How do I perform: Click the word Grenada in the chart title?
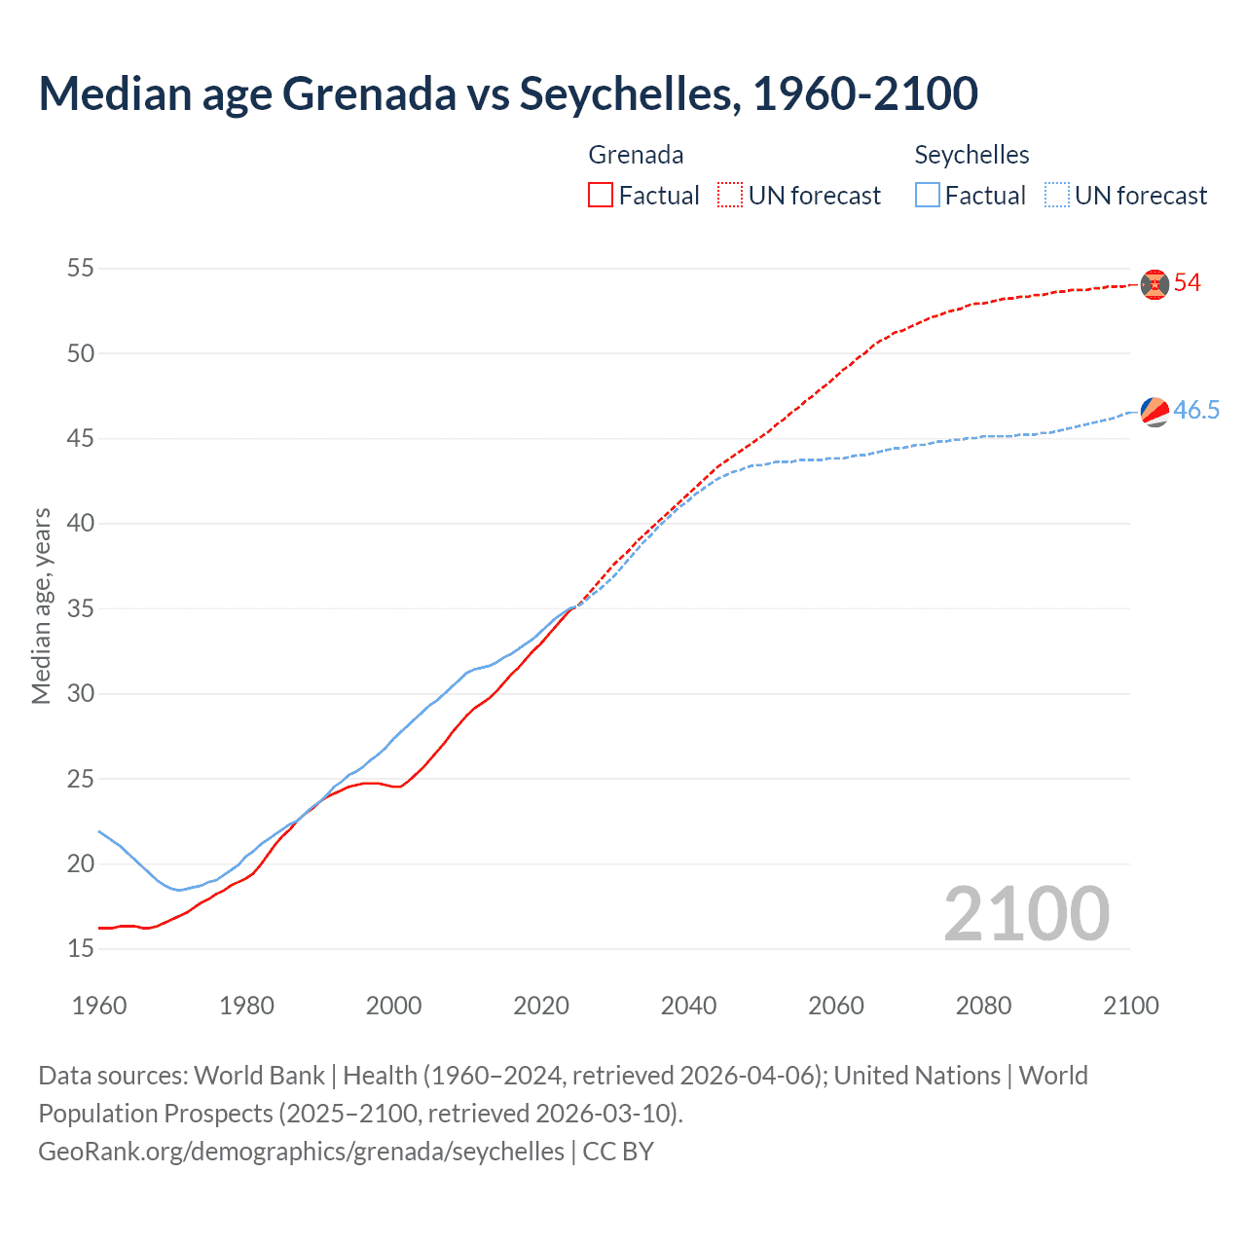pyautogui.click(x=369, y=93)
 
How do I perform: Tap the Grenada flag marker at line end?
pyautogui.click(x=1154, y=283)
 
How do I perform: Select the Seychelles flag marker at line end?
pyautogui.click(x=1154, y=412)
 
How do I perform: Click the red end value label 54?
pyautogui.click(x=1188, y=283)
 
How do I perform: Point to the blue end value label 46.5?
pyautogui.click(x=1196, y=410)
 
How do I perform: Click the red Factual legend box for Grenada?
pyautogui.click(x=601, y=196)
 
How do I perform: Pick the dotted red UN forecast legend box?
pyautogui.click(x=730, y=196)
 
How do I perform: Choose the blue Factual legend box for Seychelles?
pyautogui.click(x=928, y=196)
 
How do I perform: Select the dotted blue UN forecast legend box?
pyautogui.click(x=1057, y=196)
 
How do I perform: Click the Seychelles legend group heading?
pyautogui.click(x=971, y=155)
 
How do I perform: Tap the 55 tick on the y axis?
pyautogui.click(x=81, y=268)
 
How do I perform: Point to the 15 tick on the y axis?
pyautogui.click(x=81, y=948)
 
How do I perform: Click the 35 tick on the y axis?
pyautogui.click(x=81, y=608)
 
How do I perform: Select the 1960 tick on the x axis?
pyautogui.click(x=99, y=1006)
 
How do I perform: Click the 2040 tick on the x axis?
pyautogui.click(x=688, y=1006)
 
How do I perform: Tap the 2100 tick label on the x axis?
pyautogui.click(x=1130, y=1006)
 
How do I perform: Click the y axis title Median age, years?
pyautogui.click(x=41, y=605)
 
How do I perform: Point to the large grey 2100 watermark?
pyautogui.click(x=1026, y=913)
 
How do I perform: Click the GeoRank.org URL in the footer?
pyautogui.click(x=301, y=1152)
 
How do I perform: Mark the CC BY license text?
pyautogui.click(x=618, y=1152)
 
